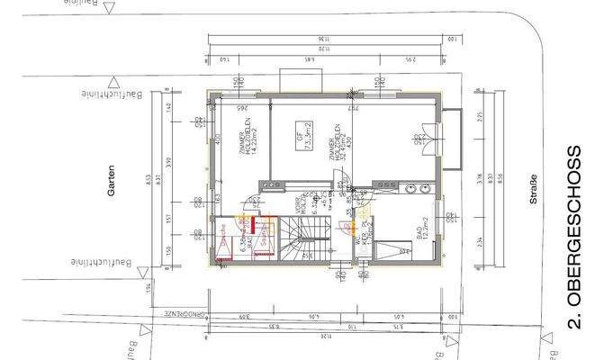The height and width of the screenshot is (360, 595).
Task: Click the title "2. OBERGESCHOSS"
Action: pos(577,238)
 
